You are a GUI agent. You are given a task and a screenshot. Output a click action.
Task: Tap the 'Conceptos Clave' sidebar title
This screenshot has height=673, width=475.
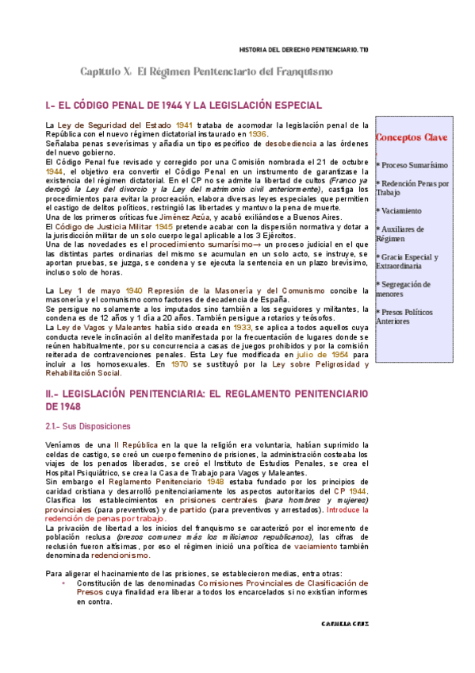(412, 137)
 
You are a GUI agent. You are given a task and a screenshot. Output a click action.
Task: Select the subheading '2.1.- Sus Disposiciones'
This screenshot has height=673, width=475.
(88, 426)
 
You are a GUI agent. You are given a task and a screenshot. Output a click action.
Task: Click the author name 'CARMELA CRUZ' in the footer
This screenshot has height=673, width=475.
(345, 624)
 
